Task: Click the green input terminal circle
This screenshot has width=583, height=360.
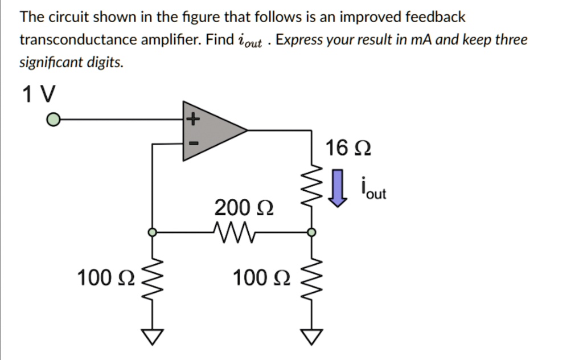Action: click(53, 120)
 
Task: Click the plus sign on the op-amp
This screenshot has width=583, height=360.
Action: click(193, 120)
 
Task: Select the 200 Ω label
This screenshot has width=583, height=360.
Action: click(244, 208)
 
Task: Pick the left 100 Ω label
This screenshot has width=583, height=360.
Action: click(106, 279)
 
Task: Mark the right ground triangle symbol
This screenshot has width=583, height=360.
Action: click(311, 337)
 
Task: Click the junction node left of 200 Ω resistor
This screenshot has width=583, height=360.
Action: click(152, 232)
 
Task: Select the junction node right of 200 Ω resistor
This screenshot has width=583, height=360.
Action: click(311, 232)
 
